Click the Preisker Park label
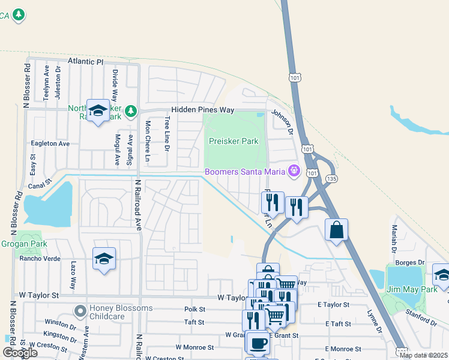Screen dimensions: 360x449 [x=234, y=142]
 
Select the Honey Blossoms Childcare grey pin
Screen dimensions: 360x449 [x=79, y=311]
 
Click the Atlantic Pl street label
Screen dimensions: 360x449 [x=86, y=61]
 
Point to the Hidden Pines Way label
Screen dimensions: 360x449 [x=202, y=110]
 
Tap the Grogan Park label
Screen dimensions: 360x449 [x=23, y=244]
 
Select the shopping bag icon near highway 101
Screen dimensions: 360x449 [x=337, y=230]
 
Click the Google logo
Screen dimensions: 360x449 [x=19, y=353]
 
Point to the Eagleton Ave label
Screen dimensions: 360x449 [x=50, y=143]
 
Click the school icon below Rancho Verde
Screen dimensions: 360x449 [x=104, y=259]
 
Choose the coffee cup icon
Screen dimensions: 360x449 [x=258, y=343]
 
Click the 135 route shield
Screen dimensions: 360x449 [x=332, y=179]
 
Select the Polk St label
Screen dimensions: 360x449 [x=195, y=310]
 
